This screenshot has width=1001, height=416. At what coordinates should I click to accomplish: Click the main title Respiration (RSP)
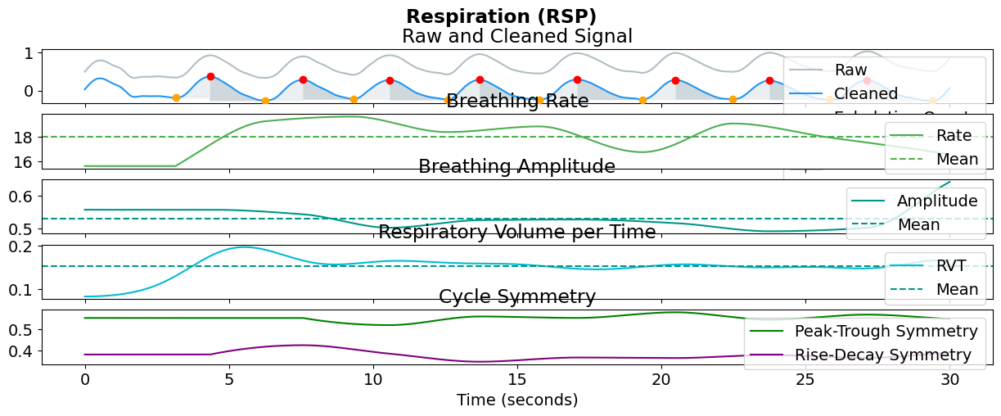point(501,16)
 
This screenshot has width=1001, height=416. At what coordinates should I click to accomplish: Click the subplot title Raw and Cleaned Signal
point(516,37)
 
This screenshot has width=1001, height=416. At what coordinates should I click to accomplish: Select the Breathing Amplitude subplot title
point(516,167)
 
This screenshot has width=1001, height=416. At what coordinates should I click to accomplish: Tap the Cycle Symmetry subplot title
point(516,296)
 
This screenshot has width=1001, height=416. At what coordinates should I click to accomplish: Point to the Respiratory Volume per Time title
point(516,232)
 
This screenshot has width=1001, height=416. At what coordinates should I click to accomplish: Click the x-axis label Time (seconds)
point(516,400)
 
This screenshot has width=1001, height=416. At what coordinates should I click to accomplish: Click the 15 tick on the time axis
point(517,379)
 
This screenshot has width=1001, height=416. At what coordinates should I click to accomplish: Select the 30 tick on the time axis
point(949,379)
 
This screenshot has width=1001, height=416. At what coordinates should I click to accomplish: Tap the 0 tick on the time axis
point(84,379)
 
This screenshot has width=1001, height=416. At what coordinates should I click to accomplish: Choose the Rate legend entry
point(954,135)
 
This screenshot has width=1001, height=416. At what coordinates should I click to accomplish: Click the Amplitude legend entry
point(937,201)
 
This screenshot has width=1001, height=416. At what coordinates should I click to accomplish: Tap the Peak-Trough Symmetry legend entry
point(886,331)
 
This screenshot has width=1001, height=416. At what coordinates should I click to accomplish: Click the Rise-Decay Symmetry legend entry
point(882,355)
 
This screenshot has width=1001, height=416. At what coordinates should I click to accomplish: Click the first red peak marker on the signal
point(210,76)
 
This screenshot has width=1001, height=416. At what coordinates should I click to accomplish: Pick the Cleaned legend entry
point(866,93)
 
